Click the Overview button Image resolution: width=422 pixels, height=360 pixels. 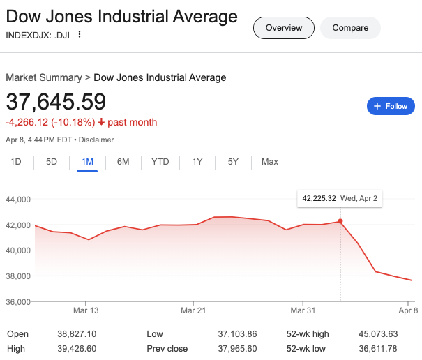coord(283,28)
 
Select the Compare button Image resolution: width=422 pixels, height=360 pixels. coord(350,28)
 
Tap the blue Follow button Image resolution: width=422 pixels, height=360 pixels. coord(391,106)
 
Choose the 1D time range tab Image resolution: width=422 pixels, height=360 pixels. coord(16,162)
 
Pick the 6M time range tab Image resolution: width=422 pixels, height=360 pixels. coord(123,162)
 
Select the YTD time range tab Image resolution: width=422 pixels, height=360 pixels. coord(160,162)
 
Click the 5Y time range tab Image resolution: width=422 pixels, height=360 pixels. coord(233,162)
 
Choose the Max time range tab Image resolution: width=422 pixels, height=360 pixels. coord(269,162)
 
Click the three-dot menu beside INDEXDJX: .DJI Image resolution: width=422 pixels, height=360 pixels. coord(80,34)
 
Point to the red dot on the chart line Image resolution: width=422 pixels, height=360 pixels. coord(340,221)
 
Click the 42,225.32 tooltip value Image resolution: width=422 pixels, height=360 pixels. coord(319,198)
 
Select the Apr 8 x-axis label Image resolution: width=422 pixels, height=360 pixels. coord(407,310)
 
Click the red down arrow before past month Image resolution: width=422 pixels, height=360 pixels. coord(101,123)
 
